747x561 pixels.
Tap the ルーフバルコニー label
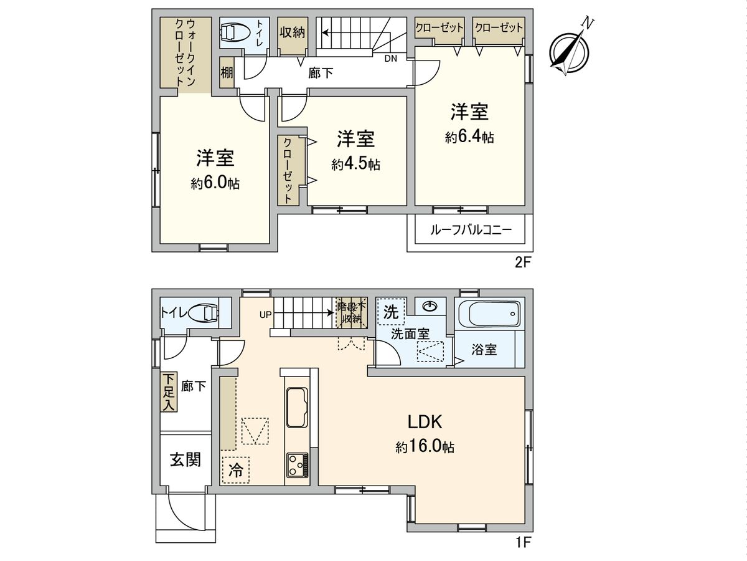point(471,230)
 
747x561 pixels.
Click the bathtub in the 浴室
point(489,314)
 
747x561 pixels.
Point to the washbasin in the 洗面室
point(430,306)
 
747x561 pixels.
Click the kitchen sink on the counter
point(298,407)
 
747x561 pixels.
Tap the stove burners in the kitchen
point(297,464)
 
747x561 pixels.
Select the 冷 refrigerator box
point(235,469)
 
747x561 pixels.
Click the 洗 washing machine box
point(390,312)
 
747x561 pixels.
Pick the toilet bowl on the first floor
point(204,312)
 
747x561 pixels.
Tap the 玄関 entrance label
point(186,460)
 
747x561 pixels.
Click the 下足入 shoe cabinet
point(168,392)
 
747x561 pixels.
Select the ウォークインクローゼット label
point(186,52)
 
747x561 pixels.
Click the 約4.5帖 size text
point(355,165)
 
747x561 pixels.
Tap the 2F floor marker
point(522,262)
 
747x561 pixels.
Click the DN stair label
point(390,59)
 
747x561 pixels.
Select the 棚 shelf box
point(227,72)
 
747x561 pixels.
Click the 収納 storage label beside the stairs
point(291,32)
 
